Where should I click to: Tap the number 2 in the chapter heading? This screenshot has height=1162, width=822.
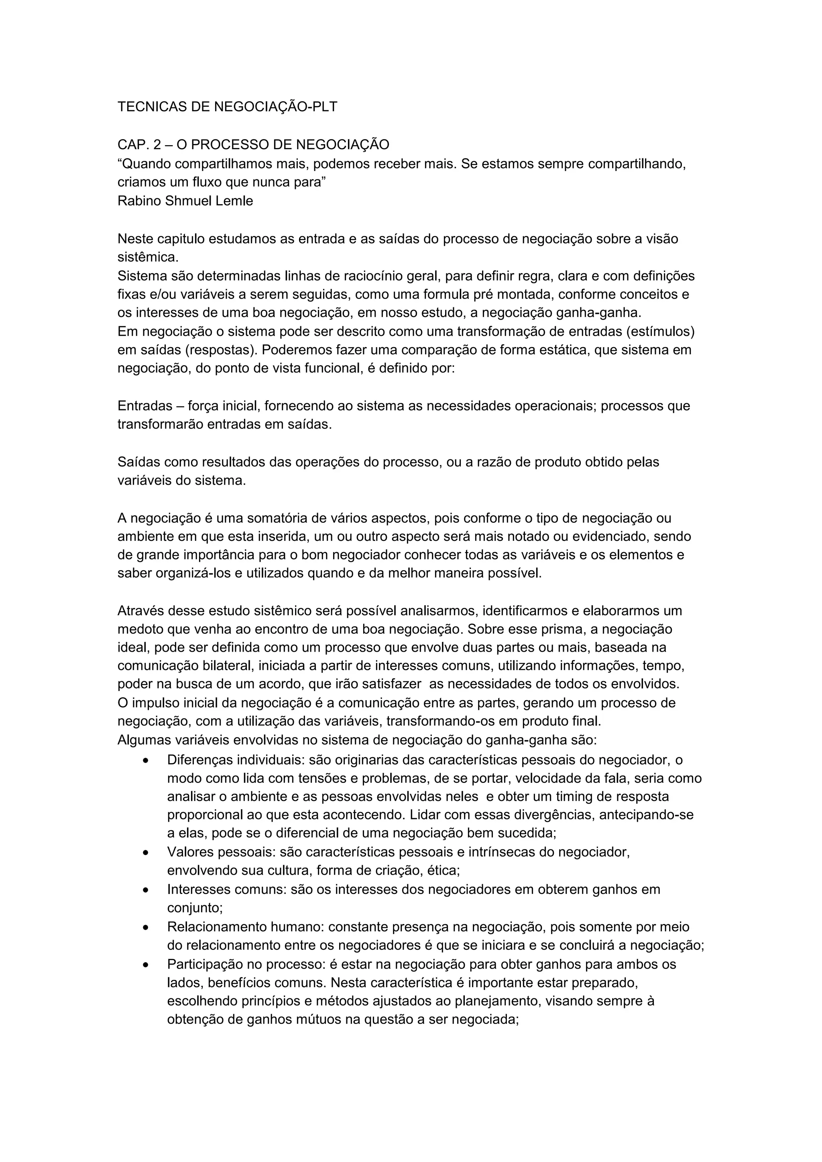tap(157, 145)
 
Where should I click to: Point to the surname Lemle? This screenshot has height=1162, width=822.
tap(234, 201)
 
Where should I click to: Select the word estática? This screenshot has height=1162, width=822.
tap(564, 350)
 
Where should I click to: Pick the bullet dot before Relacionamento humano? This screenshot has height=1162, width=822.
tap(146, 928)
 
